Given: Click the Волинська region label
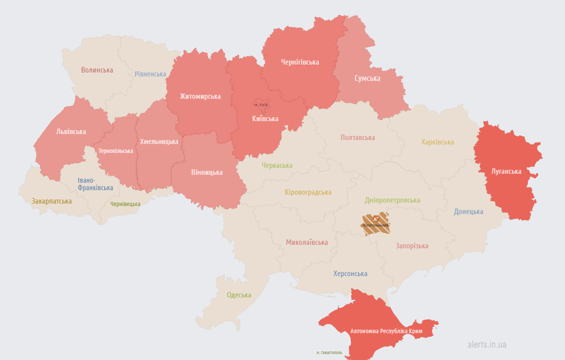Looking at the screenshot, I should coord(97,70).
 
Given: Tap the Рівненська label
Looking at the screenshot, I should coord(150,74).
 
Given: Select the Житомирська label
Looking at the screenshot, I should coord(200,96).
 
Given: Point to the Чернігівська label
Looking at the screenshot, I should coord(300,62).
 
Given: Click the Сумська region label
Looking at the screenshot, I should coord(367,78).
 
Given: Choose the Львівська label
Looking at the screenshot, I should coord(71,132).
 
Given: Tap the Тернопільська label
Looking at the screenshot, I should coord(116,151).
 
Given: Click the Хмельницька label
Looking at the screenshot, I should coord(159,142).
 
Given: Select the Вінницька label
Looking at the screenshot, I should coord(207,172).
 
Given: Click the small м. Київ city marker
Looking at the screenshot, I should coord(261,104).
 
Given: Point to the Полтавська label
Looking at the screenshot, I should coord(358,138).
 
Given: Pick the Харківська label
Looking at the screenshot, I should coord(437,142).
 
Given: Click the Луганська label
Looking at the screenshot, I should coord(506,171).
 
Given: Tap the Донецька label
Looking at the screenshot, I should coord(468,212).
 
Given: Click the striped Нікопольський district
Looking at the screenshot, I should coord(375,223).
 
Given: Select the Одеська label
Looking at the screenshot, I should coord(239,295).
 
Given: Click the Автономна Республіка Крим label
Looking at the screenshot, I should coord(386,331).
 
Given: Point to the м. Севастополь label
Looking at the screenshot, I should coord(329,353).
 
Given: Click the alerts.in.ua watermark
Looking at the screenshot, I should coord(487,344).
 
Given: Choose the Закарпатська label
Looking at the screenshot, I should coord(52,201).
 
